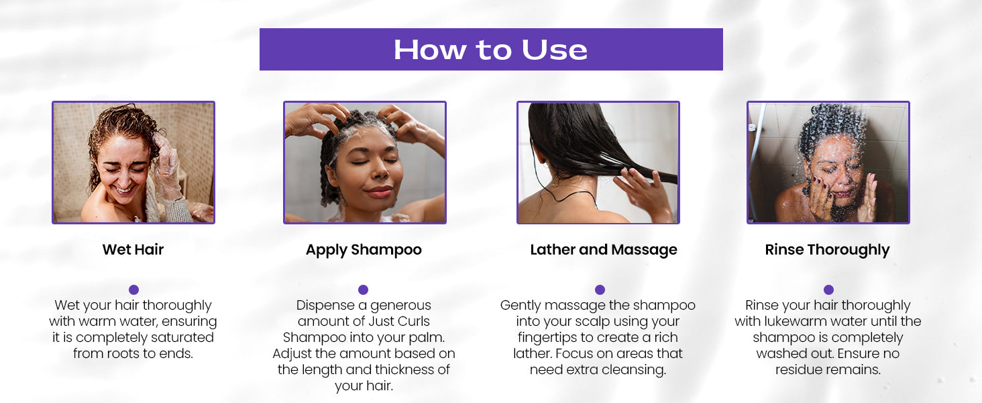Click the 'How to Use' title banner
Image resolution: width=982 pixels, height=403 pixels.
pyautogui.click(x=491, y=49)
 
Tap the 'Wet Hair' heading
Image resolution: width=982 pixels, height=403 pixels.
pyautogui.click(x=133, y=250)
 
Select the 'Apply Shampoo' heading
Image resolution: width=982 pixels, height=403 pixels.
pyautogui.click(x=364, y=250)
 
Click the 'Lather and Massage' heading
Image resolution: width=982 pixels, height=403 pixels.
pyautogui.click(x=604, y=250)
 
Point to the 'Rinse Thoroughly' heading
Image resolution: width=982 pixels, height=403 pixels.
pyautogui.click(x=827, y=250)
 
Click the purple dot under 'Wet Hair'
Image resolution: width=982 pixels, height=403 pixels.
pyautogui.click(x=133, y=289)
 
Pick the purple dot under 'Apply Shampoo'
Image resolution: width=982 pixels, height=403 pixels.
pyautogui.click(x=363, y=289)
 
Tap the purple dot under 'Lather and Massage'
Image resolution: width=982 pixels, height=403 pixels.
pyautogui.click(x=600, y=289)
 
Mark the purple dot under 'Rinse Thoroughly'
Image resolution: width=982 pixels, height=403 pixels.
pyautogui.click(x=828, y=289)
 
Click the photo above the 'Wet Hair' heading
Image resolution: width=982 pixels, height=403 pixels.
pyautogui.click(x=133, y=163)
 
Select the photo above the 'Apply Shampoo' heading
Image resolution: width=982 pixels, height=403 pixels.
pyautogui.click(x=364, y=163)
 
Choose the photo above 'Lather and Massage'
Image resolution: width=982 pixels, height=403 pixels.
pyautogui.click(x=598, y=163)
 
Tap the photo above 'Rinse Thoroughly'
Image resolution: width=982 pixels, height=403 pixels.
pyautogui.click(x=828, y=163)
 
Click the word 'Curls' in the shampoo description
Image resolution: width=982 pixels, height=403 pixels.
pyautogui.click(x=411, y=321)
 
